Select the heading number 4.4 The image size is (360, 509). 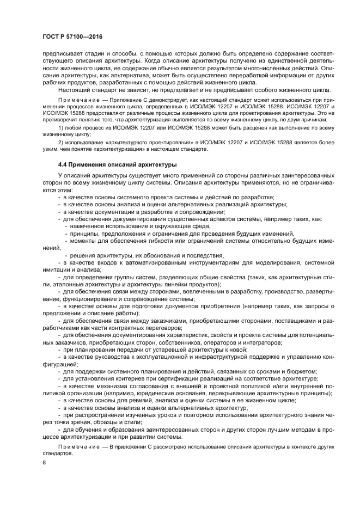pos(64,164)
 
